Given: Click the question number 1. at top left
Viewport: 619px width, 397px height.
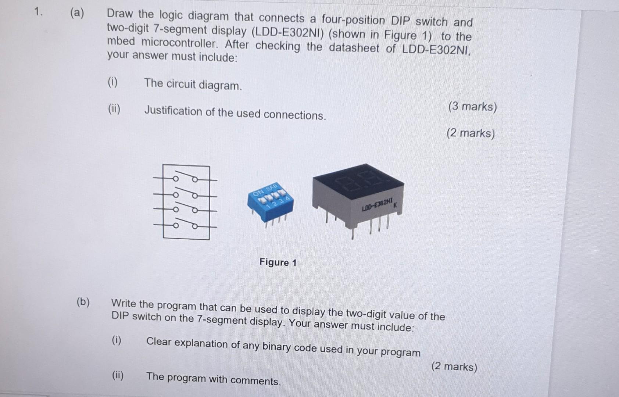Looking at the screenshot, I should point(38,12).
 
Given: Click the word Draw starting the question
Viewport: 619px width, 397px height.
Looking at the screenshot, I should point(120,14).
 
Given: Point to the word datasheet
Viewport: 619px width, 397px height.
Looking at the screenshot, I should point(354,48).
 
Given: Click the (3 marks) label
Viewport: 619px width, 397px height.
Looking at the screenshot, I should point(472,107).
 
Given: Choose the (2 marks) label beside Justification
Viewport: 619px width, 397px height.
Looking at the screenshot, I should point(470,133).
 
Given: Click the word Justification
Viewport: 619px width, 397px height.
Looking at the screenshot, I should point(173,111).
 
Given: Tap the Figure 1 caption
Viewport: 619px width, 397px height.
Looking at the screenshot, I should point(278,262).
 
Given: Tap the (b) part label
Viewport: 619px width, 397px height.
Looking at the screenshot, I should point(83,302).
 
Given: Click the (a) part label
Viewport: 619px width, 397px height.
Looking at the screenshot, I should point(77,13).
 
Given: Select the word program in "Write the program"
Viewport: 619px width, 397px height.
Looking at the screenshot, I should point(175,306).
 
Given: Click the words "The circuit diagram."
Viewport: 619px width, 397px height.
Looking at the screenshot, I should point(193,84).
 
